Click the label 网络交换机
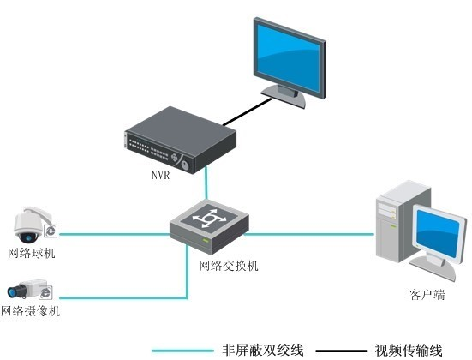[229, 266]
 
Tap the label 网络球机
[31, 252]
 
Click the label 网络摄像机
[31, 311]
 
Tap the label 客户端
[426, 295]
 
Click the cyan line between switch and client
[308, 231]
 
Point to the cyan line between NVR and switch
[206, 184]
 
